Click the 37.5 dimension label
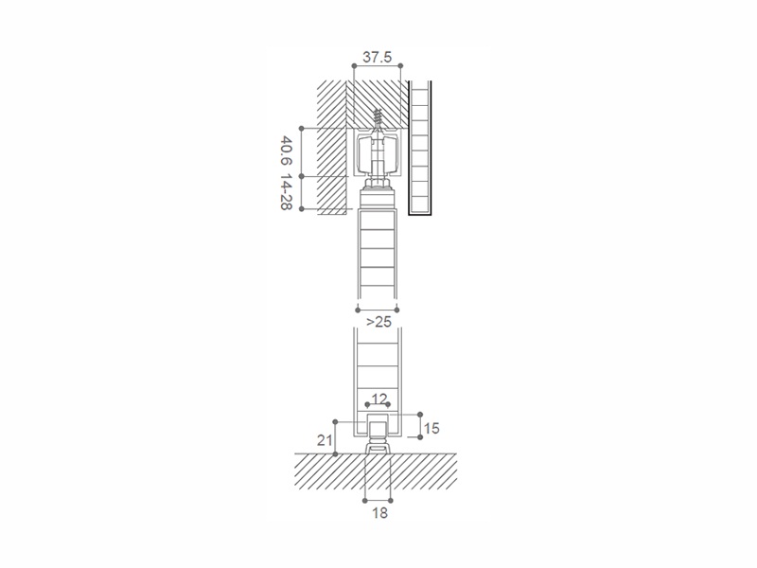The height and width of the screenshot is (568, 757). (x=377, y=58)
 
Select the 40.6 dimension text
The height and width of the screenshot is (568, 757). (x=286, y=151)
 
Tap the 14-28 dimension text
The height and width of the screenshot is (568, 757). (x=286, y=194)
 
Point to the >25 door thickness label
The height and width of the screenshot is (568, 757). (x=378, y=322)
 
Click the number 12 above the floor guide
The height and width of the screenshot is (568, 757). (x=380, y=399)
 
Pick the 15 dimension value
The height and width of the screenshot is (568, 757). (x=431, y=428)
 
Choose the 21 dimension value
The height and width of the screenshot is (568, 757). (x=325, y=440)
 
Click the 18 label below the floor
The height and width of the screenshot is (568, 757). (x=380, y=513)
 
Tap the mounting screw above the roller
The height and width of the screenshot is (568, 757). (x=378, y=119)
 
